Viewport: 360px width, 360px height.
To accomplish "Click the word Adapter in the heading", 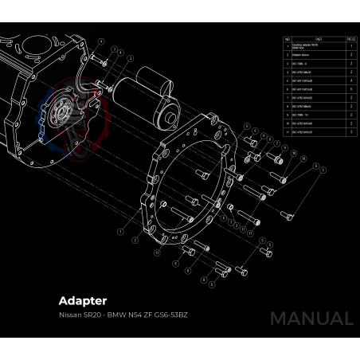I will (82, 302).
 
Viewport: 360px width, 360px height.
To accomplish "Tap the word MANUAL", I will (311, 319).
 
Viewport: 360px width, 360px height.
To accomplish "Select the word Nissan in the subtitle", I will (68, 316).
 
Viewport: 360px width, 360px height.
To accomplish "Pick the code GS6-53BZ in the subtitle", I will (173, 316).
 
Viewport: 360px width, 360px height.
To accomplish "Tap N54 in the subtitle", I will (138, 316).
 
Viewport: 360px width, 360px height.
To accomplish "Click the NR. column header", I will (287, 38).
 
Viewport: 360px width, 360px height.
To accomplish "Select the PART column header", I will (319, 38).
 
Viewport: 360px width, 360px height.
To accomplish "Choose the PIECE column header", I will (351, 38).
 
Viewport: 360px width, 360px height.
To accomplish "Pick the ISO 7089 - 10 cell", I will (299, 115).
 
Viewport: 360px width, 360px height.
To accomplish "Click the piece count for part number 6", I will (351, 89).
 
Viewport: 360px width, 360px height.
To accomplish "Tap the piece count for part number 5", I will (351, 81).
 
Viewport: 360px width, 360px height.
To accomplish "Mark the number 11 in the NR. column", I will (287, 131).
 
